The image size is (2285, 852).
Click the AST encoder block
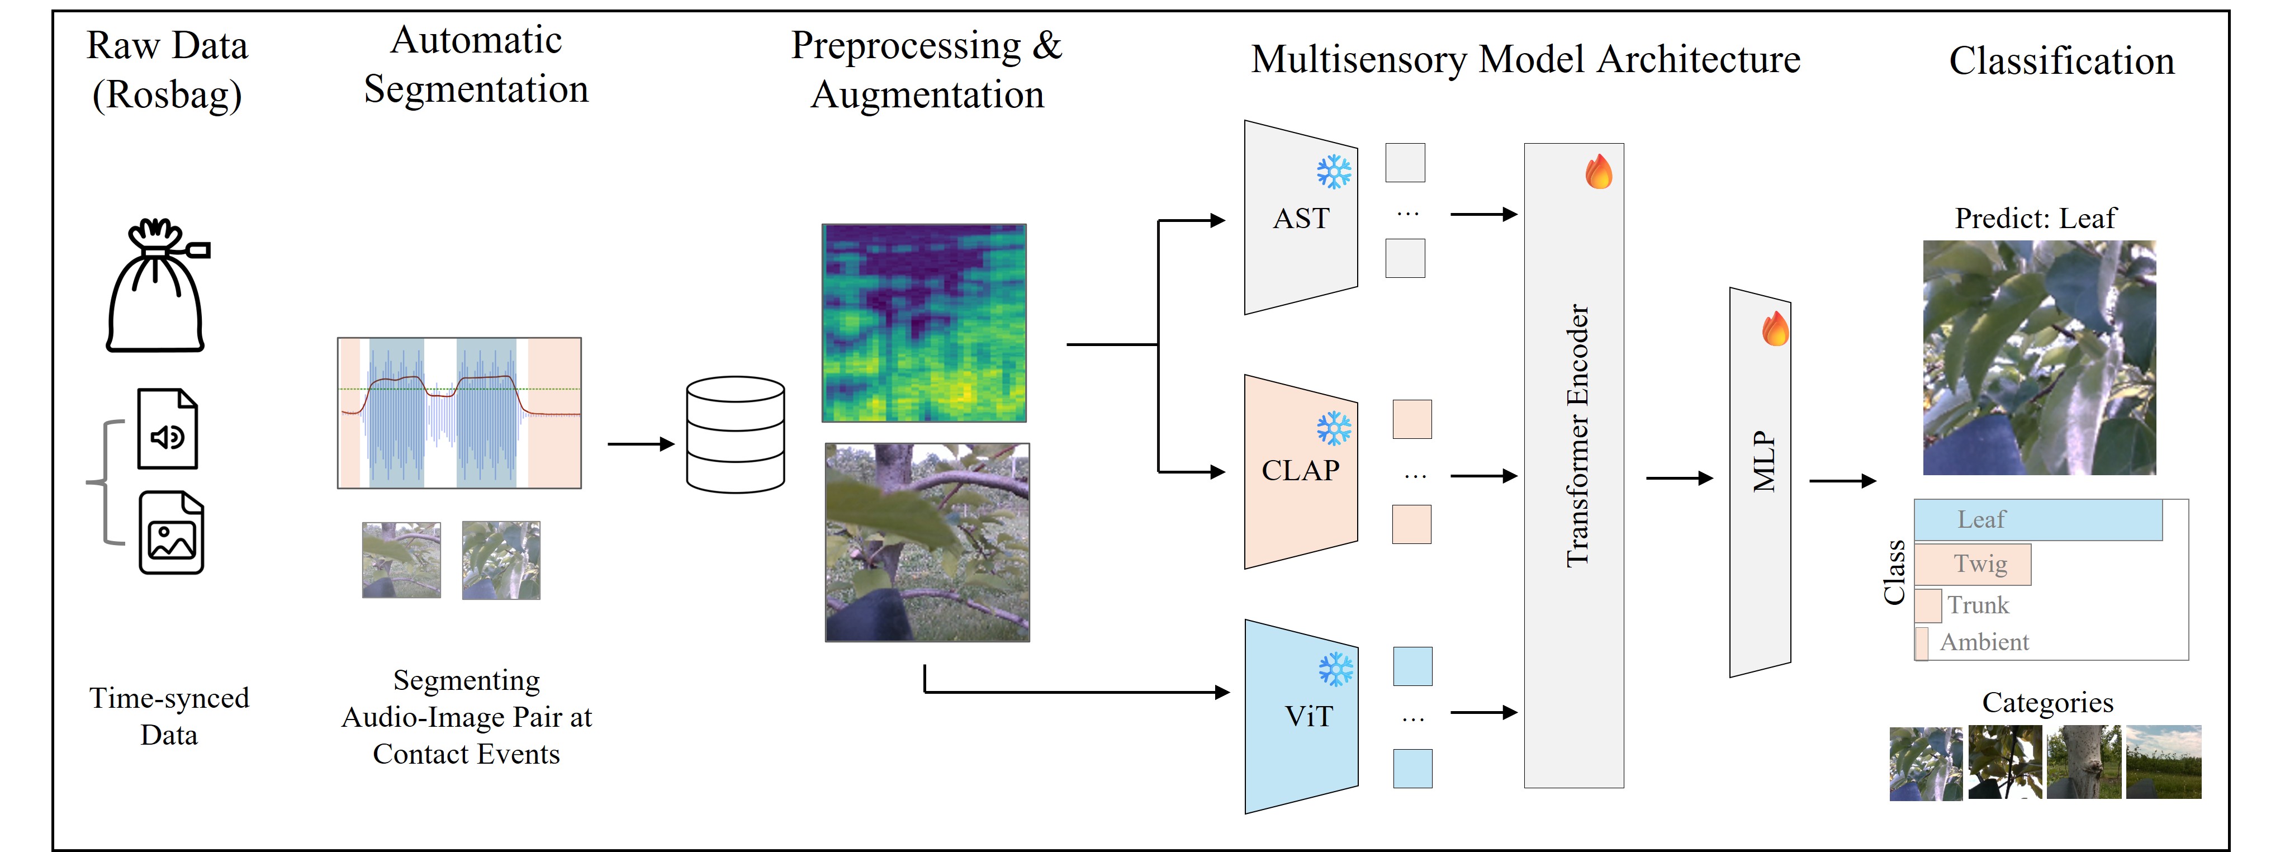(x=1300, y=217)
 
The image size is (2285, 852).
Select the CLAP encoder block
(x=1300, y=470)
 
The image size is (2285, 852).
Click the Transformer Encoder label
(x=1577, y=435)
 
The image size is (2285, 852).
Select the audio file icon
(x=168, y=429)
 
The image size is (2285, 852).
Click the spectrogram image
(x=925, y=323)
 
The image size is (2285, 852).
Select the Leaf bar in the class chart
(x=2037, y=520)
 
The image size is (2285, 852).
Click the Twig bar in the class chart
(x=1973, y=564)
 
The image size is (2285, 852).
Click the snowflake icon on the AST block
(x=1333, y=172)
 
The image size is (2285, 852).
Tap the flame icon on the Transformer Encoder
(x=1599, y=172)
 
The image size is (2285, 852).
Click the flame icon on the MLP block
(x=1775, y=329)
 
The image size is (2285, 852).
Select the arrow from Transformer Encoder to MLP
(x=1679, y=479)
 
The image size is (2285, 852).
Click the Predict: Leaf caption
(x=2035, y=219)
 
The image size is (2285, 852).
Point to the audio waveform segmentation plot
(x=459, y=413)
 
